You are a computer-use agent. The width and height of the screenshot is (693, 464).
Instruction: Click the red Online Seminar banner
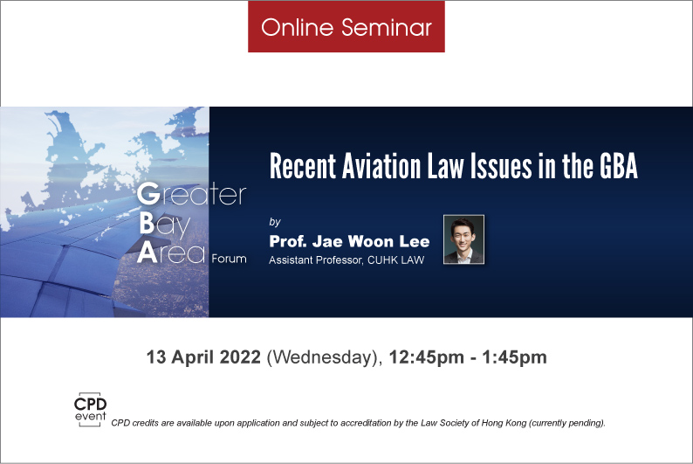[346, 26]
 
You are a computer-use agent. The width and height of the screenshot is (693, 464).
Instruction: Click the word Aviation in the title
[381, 166]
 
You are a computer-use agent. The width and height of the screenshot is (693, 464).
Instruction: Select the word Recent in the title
[303, 166]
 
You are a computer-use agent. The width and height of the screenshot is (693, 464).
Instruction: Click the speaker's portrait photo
[463, 239]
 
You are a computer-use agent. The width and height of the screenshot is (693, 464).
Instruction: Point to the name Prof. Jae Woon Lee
[349, 241]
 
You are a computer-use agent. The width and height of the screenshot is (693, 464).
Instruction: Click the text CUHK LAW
[395, 260]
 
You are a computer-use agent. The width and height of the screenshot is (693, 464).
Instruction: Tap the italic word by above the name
[275, 222]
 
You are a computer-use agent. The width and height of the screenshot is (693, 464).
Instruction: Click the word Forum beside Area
[229, 259]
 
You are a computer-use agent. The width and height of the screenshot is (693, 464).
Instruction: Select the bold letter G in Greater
[148, 194]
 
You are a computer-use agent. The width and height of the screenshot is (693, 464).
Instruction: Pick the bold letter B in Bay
[147, 224]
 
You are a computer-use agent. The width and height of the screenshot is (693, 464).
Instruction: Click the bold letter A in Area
[148, 253]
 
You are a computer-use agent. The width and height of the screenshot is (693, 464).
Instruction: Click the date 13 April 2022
[203, 357]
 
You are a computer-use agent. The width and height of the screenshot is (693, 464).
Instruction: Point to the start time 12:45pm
[427, 357]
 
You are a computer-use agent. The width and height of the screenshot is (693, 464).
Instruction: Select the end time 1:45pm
[514, 357]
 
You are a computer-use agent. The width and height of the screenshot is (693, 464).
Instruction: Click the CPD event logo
[90, 410]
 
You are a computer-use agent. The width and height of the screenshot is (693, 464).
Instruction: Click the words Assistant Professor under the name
[316, 260]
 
